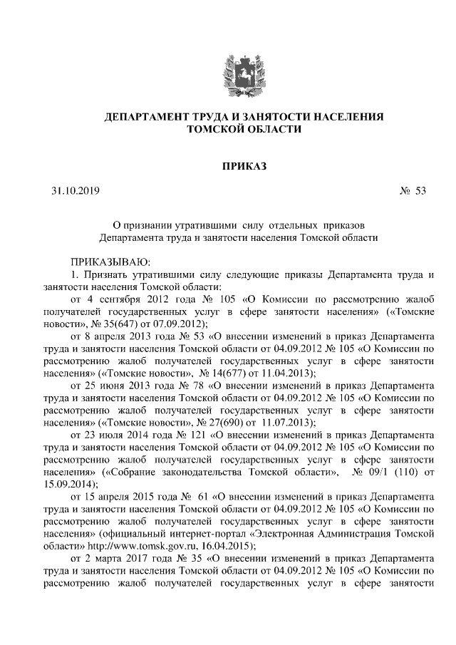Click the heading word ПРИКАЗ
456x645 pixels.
(x=243, y=167)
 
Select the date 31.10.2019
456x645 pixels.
(x=76, y=192)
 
